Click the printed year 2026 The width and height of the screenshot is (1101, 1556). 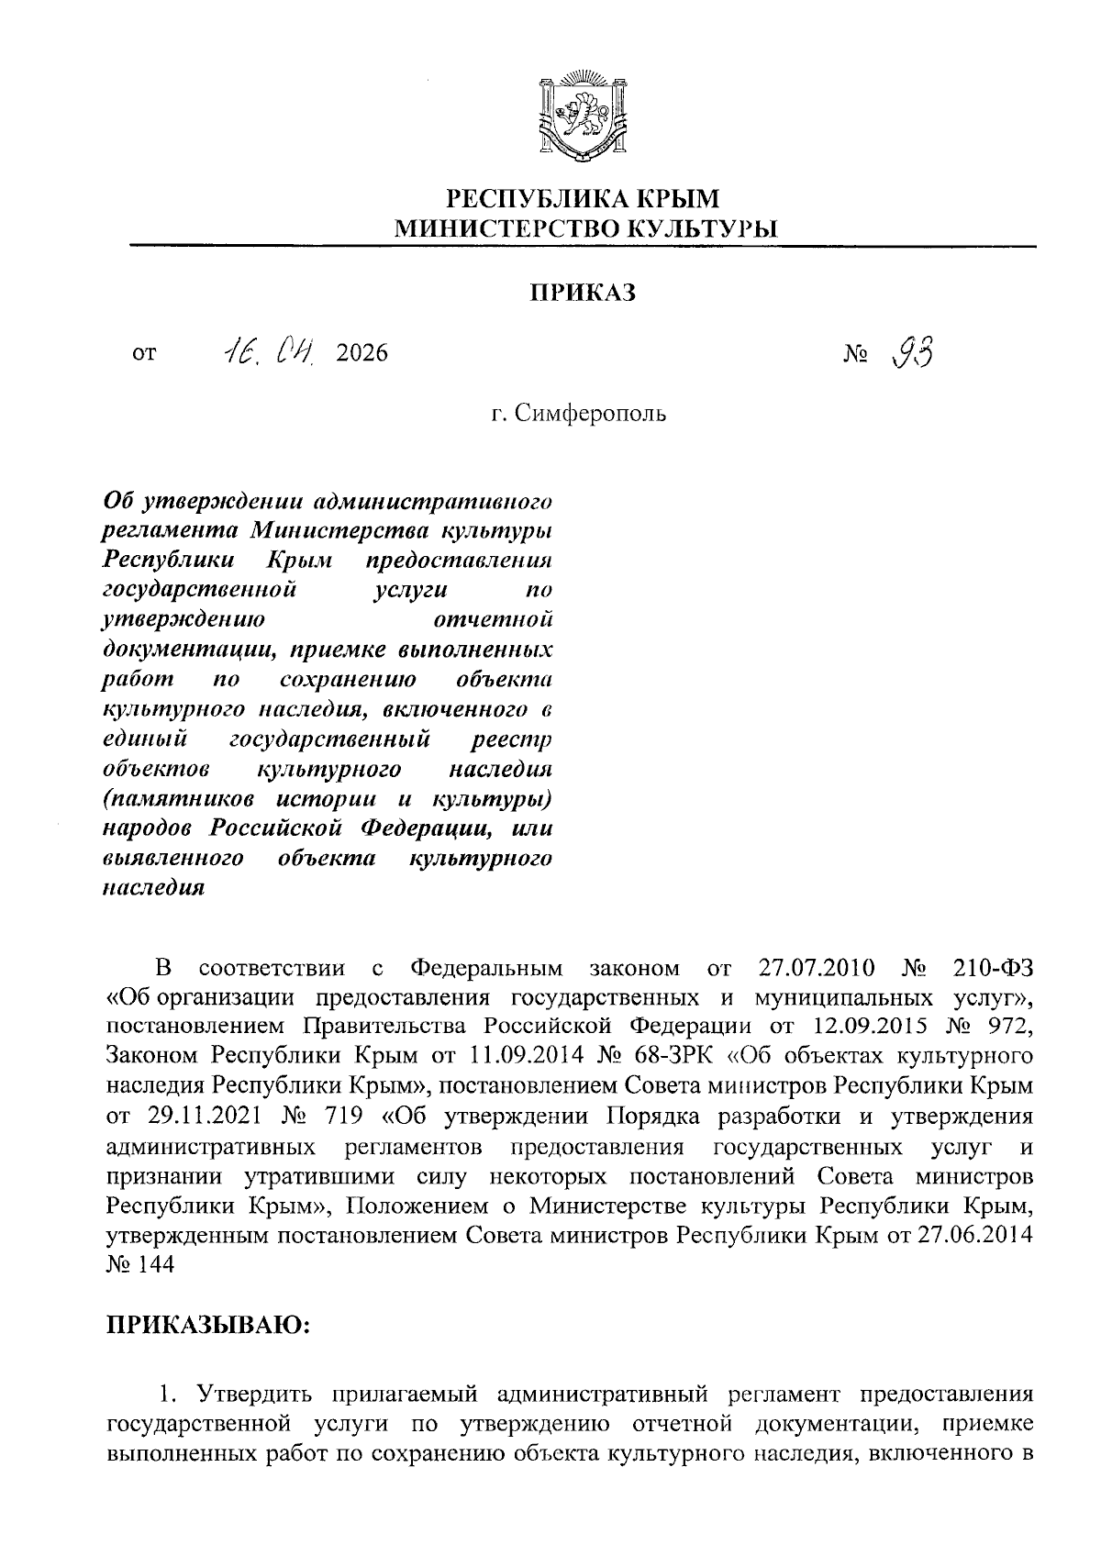(x=362, y=353)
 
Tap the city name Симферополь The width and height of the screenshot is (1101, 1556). (x=590, y=414)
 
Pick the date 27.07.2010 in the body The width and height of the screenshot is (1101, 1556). (x=817, y=968)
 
